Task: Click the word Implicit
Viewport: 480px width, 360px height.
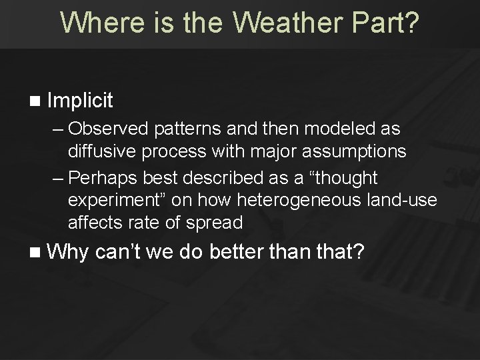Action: click(81, 101)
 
